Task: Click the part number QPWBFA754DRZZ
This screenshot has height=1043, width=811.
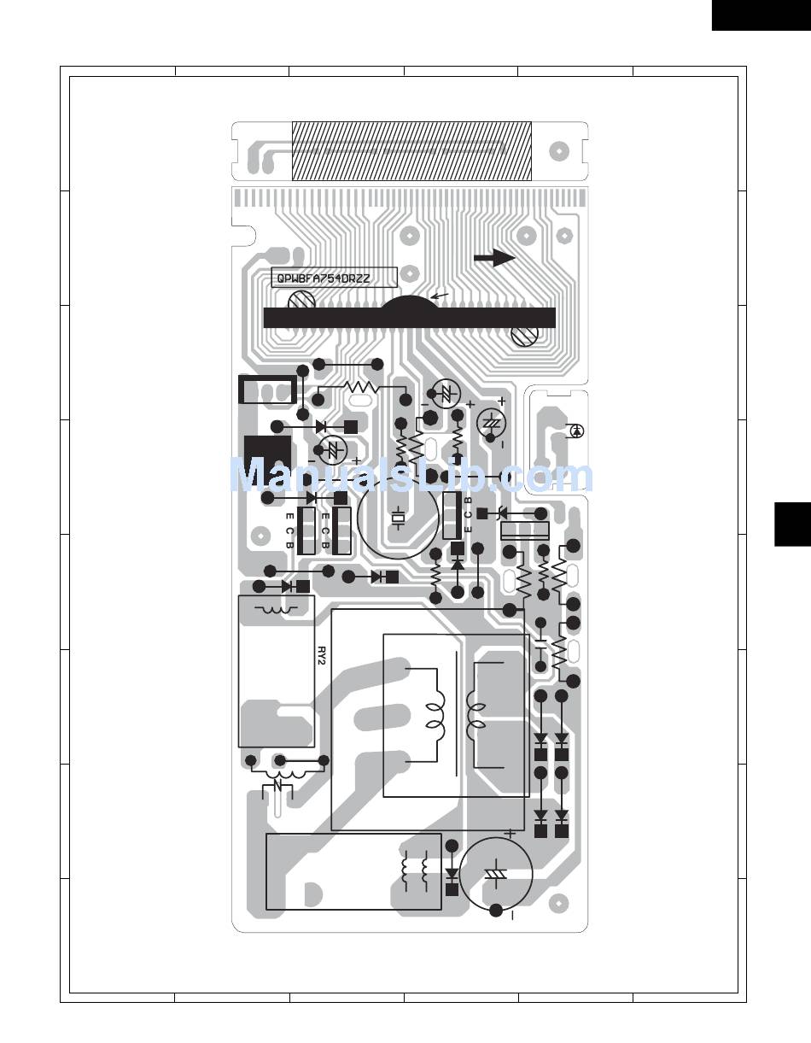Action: click(324, 278)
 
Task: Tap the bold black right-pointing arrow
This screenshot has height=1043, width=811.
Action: click(494, 258)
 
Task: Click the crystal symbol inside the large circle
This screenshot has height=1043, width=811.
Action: click(398, 519)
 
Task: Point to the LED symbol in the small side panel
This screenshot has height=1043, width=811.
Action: click(577, 431)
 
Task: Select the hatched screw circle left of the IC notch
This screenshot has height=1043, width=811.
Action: click(301, 301)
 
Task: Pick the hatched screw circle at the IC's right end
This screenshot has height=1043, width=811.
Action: click(525, 336)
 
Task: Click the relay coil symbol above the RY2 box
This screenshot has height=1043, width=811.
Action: click(275, 610)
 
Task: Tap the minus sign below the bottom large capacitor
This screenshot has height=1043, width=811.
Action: click(512, 917)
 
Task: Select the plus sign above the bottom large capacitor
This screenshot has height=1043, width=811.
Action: click(511, 835)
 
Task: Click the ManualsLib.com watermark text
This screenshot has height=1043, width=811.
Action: click(411, 475)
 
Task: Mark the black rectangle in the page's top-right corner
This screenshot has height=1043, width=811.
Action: click(761, 15)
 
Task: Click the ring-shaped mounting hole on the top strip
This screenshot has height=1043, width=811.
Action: click(558, 151)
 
